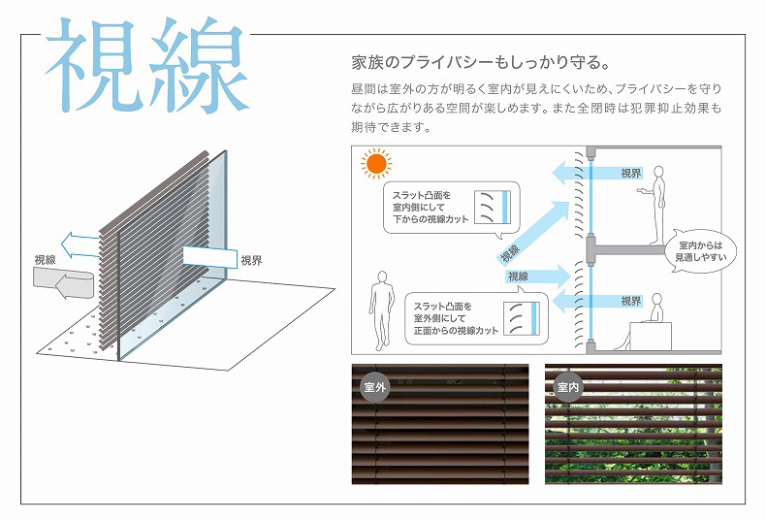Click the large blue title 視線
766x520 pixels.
coord(147,66)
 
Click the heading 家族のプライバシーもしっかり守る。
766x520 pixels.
coord(481,62)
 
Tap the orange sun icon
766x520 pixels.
coord(376,164)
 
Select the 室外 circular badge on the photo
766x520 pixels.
coord(375,387)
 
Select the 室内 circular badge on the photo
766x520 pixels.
coord(568,387)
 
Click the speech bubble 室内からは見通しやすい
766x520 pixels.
coord(700,251)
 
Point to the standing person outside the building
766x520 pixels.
coord(381,310)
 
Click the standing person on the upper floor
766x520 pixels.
coord(654,206)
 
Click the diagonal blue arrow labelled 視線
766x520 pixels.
coord(533,233)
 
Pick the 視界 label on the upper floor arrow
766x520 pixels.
coord(630,174)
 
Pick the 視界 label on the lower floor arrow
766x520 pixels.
coord(630,301)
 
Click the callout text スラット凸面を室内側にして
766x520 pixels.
coord(422,201)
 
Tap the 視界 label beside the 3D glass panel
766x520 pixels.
coord(251,261)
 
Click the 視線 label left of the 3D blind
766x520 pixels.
coord(45,260)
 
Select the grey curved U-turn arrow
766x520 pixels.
coord(63,283)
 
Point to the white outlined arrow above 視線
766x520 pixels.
coord(80,244)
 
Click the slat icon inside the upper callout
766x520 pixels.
coord(493,207)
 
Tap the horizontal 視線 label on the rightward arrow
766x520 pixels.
coord(518,276)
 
